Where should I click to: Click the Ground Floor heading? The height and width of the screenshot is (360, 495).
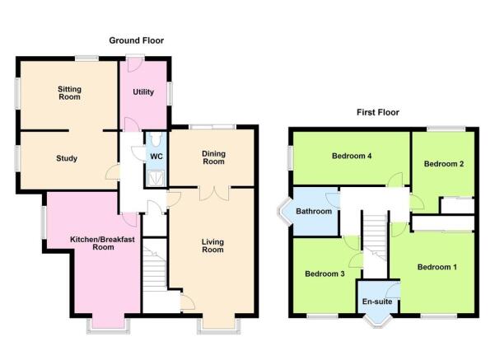(137, 40)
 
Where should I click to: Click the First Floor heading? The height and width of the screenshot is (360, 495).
(378, 112)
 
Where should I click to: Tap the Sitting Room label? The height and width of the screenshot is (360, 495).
(69, 93)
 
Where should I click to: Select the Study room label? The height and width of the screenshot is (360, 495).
(67, 158)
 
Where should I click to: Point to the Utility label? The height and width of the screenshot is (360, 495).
(143, 92)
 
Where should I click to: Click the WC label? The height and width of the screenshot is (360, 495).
(156, 157)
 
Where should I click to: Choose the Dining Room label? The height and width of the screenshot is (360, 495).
(213, 157)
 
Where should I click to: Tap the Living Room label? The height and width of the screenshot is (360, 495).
(212, 245)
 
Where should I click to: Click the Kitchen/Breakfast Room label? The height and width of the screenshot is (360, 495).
(103, 243)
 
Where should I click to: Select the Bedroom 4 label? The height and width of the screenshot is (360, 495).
(352, 156)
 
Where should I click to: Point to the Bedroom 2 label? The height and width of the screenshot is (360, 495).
(444, 164)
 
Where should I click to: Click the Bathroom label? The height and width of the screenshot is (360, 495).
(314, 211)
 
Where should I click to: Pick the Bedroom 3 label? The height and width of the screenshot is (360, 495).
(325, 274)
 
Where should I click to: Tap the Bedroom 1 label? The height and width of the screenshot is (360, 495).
(437, 267)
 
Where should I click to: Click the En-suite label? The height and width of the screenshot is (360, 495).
(377, 302)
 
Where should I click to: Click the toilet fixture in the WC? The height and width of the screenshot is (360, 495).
(156, 139)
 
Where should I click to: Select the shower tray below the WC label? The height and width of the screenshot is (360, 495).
(156, 179)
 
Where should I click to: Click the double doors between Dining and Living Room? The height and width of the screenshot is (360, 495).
(214, 194)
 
